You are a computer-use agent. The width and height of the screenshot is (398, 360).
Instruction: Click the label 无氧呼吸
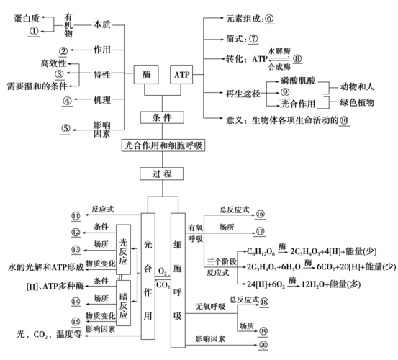210,307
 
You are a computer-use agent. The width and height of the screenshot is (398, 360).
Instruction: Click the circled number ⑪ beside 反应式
76,216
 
